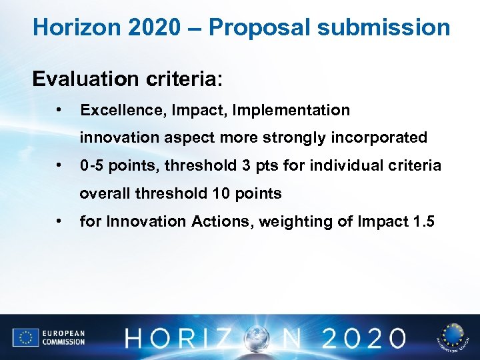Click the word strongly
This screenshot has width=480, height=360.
tap(297, 138)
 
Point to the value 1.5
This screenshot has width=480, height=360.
tap(421, 221)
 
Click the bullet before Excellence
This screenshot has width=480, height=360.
tap(60, 109)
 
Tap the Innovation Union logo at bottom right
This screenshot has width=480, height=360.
tap(453, 337)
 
